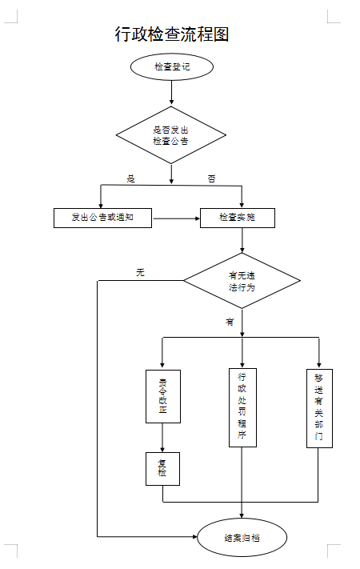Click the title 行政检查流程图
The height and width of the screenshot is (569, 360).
click(x=172, y=34)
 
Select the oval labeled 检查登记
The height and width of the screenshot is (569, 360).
click(x=171, y=67)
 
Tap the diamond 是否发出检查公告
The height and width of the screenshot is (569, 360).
click(x=171, y=134)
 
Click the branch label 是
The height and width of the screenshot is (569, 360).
click(x=131, y=178)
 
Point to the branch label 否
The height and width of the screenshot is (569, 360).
click(x=211, y=178)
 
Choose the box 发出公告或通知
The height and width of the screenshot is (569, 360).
click(x=102, y=217)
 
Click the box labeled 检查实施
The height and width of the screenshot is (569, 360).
click(x=238, y=217)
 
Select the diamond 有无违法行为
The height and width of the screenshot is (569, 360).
click(x=242, y=281)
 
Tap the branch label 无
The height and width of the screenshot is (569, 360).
click(x=140, y=273)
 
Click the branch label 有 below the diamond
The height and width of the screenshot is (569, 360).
click(x=230, y=322)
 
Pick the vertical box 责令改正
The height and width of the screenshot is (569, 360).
click(x=162, y=395)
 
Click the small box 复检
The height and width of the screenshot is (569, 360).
click(x=162, y=468)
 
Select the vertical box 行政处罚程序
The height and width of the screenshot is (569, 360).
click(x=242, y=407)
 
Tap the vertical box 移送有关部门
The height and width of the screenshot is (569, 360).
click(x=319, y=407)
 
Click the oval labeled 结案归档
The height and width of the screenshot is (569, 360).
click(x=242, y=538)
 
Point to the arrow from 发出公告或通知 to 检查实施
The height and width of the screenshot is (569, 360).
click(x=175, y=217)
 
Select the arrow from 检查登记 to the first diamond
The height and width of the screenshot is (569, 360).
click(x=171, y=93)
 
